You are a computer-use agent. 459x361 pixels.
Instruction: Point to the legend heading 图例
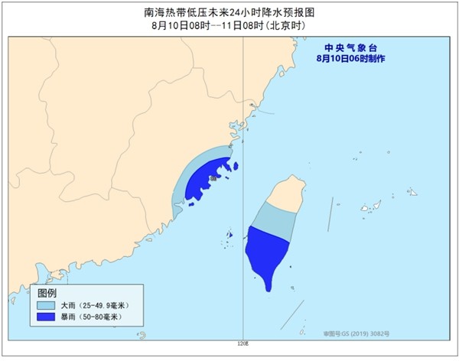click(x=47, y=294)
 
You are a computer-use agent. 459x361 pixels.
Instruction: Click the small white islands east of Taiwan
click(x=373, y=206)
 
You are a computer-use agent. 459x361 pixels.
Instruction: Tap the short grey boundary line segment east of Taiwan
click(x=330, y=214)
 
